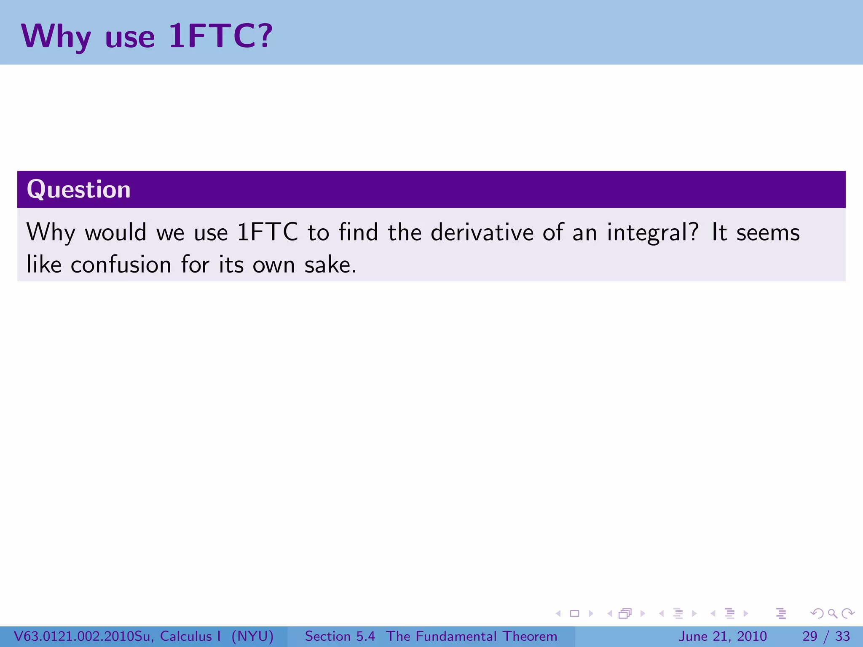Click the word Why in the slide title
click(x=56, y=37)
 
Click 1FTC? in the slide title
click(x=220, y=36)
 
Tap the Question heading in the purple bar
click(x=79, y=189)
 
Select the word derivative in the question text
click(x=482, y=233)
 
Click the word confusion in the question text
click(x=121, y=265)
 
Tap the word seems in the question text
click(x=768, y=233)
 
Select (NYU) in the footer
click(x=252, y=636)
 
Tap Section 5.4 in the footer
click(x=340, y=636)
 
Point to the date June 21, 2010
click(x=722, y=636)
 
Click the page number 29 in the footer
click(x=809, y=636)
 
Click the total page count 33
click(x=842, y=636)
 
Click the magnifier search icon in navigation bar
click(x=832, y=613)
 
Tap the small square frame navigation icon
click(x=574, y=613)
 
